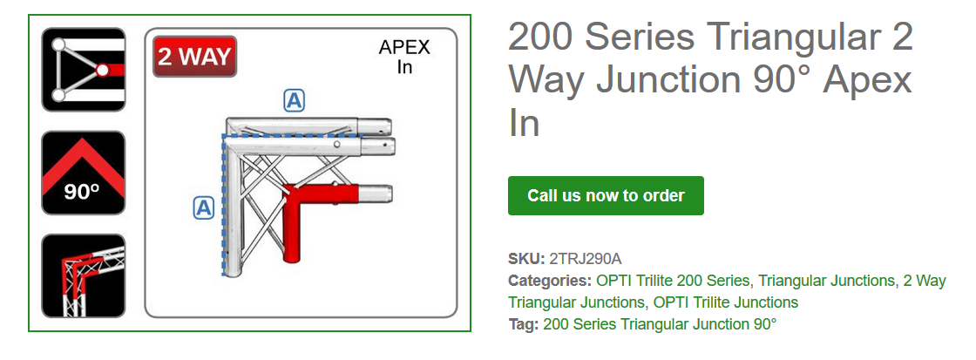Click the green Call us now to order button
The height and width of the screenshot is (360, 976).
pyautogui.click(x=606, y=195)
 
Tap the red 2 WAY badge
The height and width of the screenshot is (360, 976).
pyautogui.click(x=195, y=57)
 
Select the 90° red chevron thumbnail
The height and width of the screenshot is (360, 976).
pyautogui.click(x=84, y=173)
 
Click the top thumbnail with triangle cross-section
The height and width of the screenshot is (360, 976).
pyautogui.click(x=84, y=70)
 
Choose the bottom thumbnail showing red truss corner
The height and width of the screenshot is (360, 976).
pyautogui.click(x=84, y=276)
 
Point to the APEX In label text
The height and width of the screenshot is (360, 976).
pyautogui.click(x=403, y=57)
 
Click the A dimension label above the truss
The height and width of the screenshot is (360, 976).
pyautogui.click(x=295, y=101)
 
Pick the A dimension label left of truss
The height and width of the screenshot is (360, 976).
pyautogui.click(x=203, y=207)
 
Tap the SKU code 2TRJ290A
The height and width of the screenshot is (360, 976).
pyautogui.click(x=586, y=259)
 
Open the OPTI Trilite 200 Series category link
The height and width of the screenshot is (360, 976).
pyautogui.click(x=673, y=281)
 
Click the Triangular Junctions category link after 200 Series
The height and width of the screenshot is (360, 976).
pyautogui.click(x=826, y=281)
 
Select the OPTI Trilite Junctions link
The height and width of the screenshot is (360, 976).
pyautogui.click(x=726, y=302)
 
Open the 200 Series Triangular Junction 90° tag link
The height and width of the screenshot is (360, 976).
pyautogui.click(x=660, y=324)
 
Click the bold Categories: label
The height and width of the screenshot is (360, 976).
pyautogui.click(x=550, y=281)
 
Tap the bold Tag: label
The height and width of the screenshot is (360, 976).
pyautogui.click(x=524, y=324)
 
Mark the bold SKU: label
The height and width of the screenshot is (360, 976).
pyautogui.click(x=526, y=259)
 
